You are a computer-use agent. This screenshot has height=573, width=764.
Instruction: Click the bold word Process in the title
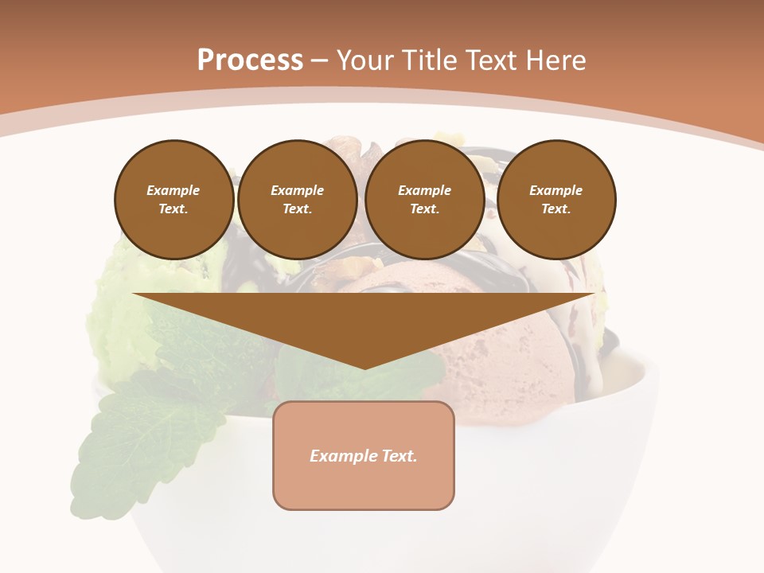(x=250, y=60)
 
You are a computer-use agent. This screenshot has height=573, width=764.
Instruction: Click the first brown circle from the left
(x=173, y=199)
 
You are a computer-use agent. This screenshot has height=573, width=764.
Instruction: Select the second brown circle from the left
(x=297, y=199)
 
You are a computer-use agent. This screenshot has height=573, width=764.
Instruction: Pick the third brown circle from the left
(x=424, y=199)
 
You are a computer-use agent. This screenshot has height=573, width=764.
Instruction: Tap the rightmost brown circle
(x=555, y=199)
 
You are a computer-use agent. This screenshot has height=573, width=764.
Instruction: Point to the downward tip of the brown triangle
(x=364, y=368)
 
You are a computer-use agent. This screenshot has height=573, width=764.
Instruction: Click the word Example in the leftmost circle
(x=173, y=190)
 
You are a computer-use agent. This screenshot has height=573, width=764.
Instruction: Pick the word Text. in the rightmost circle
(x=555, y=209)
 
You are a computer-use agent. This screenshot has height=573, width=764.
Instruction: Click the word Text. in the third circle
(x=424, y=209)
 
